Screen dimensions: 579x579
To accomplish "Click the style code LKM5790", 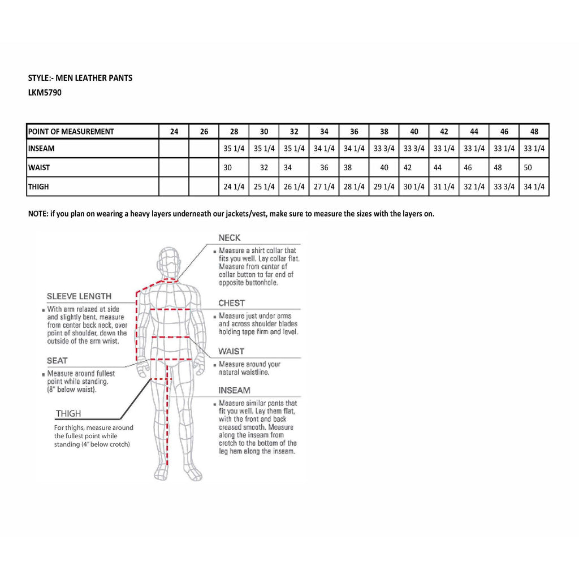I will click(45, 93).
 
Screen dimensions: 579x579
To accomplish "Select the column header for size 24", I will click(174, 132).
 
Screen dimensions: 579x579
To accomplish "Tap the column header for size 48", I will click(534, 132).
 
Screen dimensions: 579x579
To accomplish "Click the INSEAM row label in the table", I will click(41, 149).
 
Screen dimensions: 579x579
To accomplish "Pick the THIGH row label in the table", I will click(38, 187).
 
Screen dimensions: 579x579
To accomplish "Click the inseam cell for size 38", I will click(384, 149).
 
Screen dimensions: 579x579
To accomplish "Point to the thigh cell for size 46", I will click(504, 187).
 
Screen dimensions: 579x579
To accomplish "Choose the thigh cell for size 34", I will click(324, 187).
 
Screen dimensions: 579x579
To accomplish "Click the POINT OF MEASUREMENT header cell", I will click(71, 132).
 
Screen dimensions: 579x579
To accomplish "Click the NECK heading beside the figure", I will click(230, 238).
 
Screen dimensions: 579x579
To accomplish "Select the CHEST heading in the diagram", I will click(231, 303).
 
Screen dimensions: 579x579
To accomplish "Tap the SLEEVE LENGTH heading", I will click(79, 296).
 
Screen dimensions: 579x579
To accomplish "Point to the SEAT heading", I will click(57, 360).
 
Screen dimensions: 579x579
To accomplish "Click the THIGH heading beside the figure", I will click(68, 413).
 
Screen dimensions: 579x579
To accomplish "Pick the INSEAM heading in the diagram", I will click(234, 390).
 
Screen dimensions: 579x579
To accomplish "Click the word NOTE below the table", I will click(38, 214).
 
